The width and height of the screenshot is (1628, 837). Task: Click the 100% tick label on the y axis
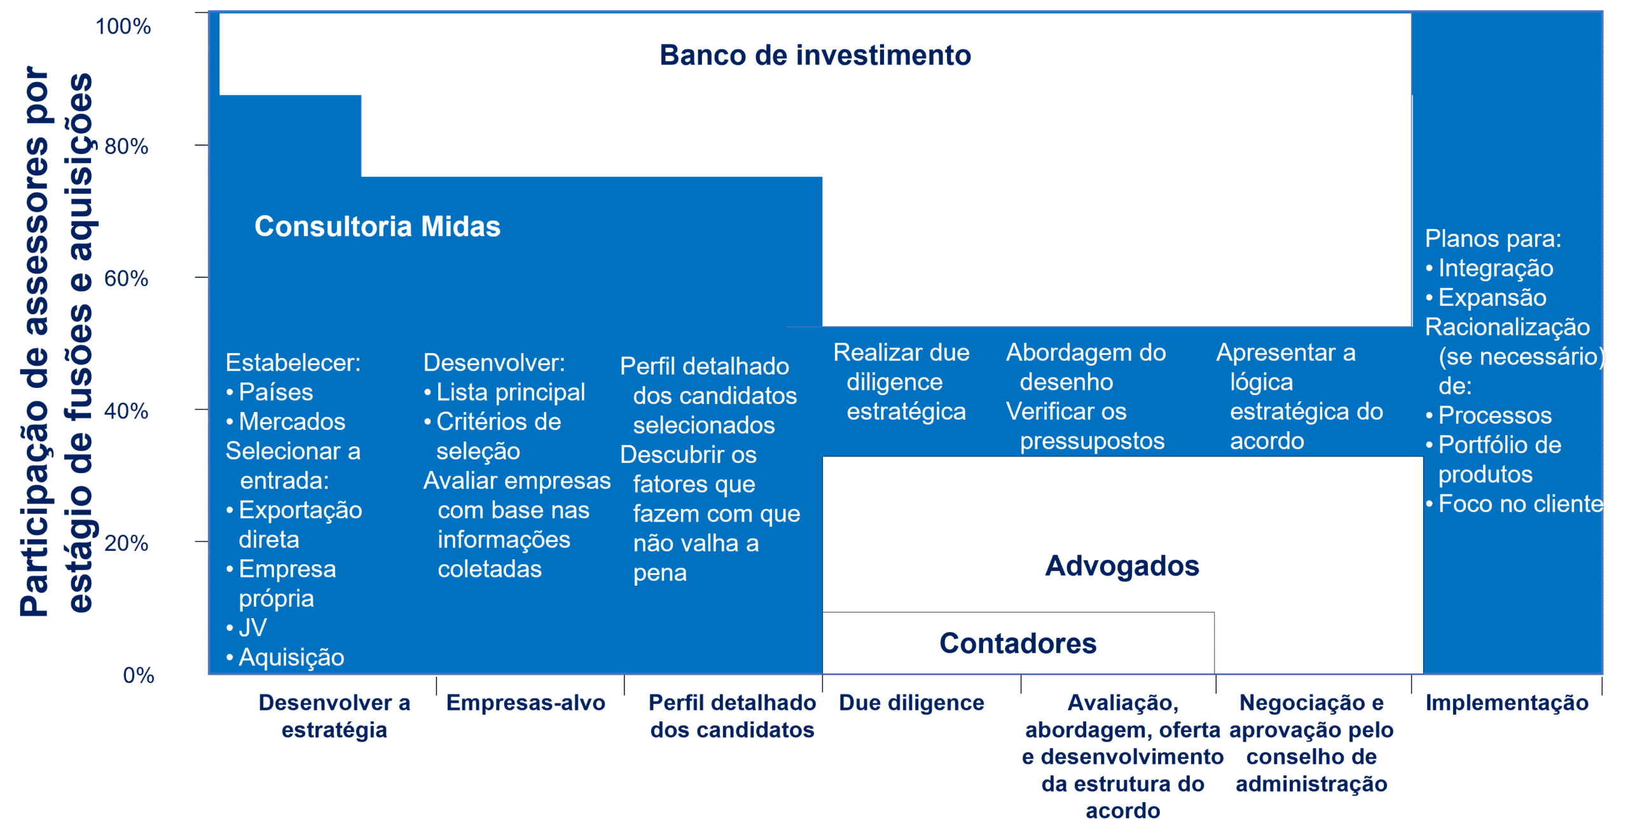pos(123,27)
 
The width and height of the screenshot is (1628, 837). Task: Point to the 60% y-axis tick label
pos(126,279)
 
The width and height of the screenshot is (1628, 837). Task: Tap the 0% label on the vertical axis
pos(139,675)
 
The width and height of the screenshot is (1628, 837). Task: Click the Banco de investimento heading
pos(815,55)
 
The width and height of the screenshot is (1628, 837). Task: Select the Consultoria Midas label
pos(378,226)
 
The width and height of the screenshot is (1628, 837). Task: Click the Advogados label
pos(1122,566)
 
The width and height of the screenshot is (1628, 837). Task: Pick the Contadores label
pos(1018,644)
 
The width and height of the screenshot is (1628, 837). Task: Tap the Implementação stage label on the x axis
pos(1507,703)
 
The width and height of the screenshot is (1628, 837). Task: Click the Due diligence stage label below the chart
pos(911,703)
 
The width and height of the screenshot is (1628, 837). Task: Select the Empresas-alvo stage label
pos(525,703)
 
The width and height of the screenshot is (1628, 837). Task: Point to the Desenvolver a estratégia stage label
pos(335,716)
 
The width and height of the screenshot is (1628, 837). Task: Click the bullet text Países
pos(275,392)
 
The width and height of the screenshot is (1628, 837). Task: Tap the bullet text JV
pos(252,628)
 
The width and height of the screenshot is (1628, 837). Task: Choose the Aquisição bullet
pos(291,658)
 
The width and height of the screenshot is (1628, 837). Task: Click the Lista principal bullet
pos(511,392)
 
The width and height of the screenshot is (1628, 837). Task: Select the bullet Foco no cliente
pos(1521,504)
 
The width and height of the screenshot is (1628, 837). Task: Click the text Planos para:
pos(1493,239)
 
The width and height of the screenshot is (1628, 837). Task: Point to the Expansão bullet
pos(1492,298)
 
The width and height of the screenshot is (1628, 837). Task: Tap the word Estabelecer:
pos(293,363)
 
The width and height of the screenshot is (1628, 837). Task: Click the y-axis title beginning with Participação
pos(56,342)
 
